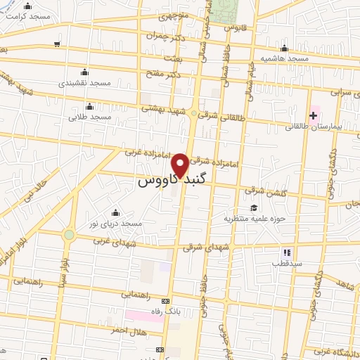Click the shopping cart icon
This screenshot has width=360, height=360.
tap(56, 44)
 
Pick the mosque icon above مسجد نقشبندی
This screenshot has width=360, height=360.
tap(84, 72)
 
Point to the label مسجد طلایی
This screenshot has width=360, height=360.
tap(89, 117)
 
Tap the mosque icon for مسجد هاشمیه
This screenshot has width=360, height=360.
tap(283, 49)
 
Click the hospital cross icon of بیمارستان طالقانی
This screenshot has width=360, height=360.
tap(312, 115)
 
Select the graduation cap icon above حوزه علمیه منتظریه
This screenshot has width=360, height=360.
tap(252, 207)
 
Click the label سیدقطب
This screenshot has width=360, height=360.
tap(286, 263)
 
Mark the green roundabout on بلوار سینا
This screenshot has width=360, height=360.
tap(68, 235)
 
